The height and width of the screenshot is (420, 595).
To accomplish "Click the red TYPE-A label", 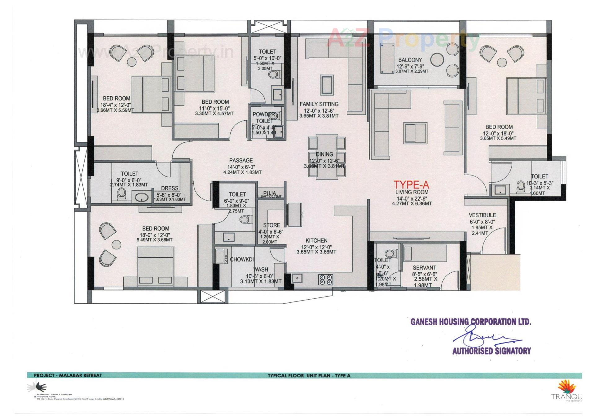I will pyautogui.click(x=411, y=185).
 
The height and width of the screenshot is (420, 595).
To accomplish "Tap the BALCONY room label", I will pyautogui.click(x=410, y=60).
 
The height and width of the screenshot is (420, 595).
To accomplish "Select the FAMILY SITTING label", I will pyautogui.click(x=319, y=104).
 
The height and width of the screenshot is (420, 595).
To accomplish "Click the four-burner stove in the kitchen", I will pyautogui.click(x=325, y=279).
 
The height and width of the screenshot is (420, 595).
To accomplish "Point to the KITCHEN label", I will pyautogui.click(x=316, y=240).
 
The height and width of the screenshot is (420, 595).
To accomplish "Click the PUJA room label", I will pyautogui.click(x=269, y=193).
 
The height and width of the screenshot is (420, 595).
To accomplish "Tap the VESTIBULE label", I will pyautogui.click(x=482, y=215).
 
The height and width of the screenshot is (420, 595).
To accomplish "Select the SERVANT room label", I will pyautogui.click(x=424, y=268).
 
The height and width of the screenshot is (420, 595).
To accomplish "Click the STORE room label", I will pyautogui.click(x=271, y=225).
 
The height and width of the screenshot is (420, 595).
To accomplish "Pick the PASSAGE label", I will pyautogui.click(x=241, y=160).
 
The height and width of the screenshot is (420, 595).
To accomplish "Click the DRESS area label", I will pyautogui.click(x=170, y=188).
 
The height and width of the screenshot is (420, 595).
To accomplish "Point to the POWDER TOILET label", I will pyautogui.click(x=264, y=118).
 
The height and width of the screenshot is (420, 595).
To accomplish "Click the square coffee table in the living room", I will pyautogui.click(x=416, y=132).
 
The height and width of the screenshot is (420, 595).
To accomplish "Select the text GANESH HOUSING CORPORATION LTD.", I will pyautogui.click(x=471, y=322).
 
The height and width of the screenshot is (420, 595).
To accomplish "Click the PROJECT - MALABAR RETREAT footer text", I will pyautogui.click(x=68, y=375).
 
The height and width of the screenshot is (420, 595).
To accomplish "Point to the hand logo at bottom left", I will pyautogui.click(x=38, y=387).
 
